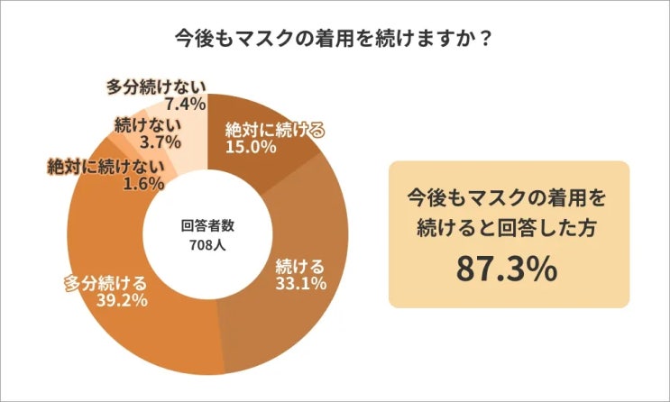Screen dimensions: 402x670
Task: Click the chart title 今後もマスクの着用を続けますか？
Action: coord(335,41)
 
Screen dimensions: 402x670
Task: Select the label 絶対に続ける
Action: coord(274,129)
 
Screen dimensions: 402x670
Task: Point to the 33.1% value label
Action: coord(299,284)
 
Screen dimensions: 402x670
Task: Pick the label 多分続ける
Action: coord(106,282)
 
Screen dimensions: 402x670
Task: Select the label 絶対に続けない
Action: coord(105,166)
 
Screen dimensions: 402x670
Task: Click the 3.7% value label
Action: coord(161,142)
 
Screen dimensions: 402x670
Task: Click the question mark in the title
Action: coord(486,41)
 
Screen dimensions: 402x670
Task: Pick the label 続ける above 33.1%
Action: coord(299,267)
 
